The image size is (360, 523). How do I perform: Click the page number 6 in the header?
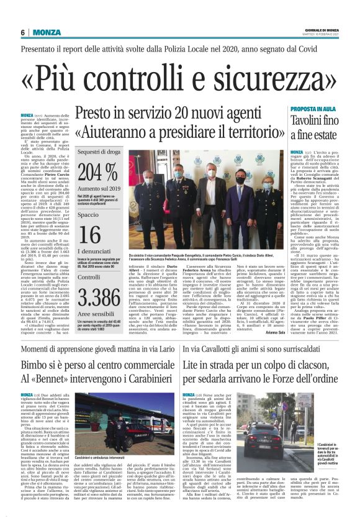tap(22, 32)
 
